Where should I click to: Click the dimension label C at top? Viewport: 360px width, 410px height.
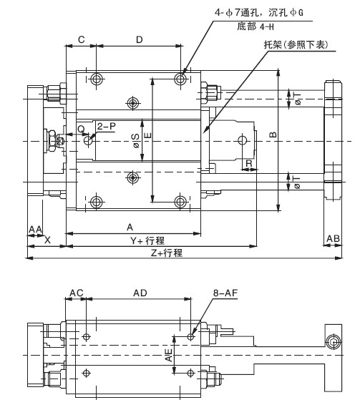[x=82, y=40]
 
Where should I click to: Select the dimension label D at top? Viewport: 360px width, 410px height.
[x=140, y=40]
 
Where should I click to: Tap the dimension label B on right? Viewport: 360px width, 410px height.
[x=273, y=135]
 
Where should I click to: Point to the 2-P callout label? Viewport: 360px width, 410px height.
[x=106, y=127]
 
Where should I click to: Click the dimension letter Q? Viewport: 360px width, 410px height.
[x=82, y=129]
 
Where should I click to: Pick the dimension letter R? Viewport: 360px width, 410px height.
[x=249, y=163]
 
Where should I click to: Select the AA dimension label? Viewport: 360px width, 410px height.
[x=35, y=230]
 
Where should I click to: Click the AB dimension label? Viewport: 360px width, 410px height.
[x=333, y=238]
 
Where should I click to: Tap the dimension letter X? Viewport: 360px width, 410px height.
[x=47, y=240]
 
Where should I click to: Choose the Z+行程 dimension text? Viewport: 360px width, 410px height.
[x=166, y=253]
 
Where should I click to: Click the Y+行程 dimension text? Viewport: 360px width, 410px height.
[x=147, y=240]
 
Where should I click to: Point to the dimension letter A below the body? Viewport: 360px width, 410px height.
[x=130, y=228]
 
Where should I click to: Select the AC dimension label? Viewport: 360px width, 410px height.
[x=76, y=293]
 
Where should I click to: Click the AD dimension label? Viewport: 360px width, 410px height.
[x=140, y=293]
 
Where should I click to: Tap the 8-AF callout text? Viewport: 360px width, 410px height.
[x=225, y=293]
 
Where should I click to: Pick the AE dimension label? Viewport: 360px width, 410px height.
[x=169, y=355]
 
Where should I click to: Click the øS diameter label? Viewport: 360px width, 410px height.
[x=136, y=141]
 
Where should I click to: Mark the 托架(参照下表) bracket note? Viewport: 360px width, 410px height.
[x=296, y=44]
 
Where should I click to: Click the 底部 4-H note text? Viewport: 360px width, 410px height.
[x=256, y=26]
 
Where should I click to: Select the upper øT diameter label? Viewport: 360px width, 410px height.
[x=298, y=99]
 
